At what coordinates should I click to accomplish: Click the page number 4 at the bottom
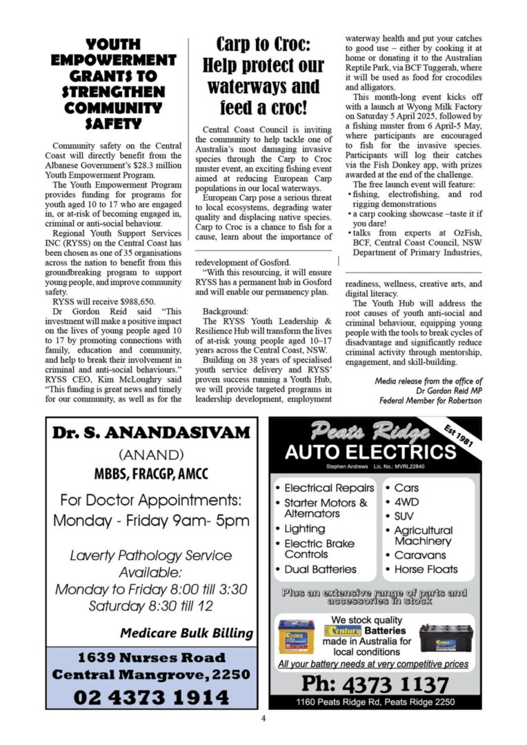coord(263,719)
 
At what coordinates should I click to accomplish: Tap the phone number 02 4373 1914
coord(151,697)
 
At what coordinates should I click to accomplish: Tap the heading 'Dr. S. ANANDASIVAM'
coord(151,433)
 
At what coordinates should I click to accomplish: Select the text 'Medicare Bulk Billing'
coord(186,633)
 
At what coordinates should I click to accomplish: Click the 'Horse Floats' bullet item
coord(426,569)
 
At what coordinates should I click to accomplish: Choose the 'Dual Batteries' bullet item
coord(320,569)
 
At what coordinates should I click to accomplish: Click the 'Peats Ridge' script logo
coord(370,433)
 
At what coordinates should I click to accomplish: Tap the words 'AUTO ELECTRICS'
coord(370,453)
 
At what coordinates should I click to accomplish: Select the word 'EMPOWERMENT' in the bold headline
coord(114,60)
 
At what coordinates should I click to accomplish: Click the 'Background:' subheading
coord(225,311)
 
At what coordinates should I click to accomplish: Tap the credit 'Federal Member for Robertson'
coord(430,400)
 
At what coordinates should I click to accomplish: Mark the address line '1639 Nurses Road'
coord(151,657)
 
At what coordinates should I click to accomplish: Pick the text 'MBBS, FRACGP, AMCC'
coord(151,475)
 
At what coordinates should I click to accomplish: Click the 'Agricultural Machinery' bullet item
coord(423,535)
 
